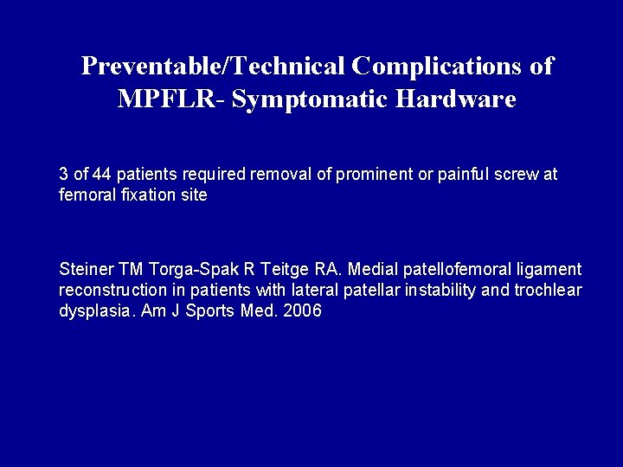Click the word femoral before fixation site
84,195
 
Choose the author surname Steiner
84,269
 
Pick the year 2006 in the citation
303,311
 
